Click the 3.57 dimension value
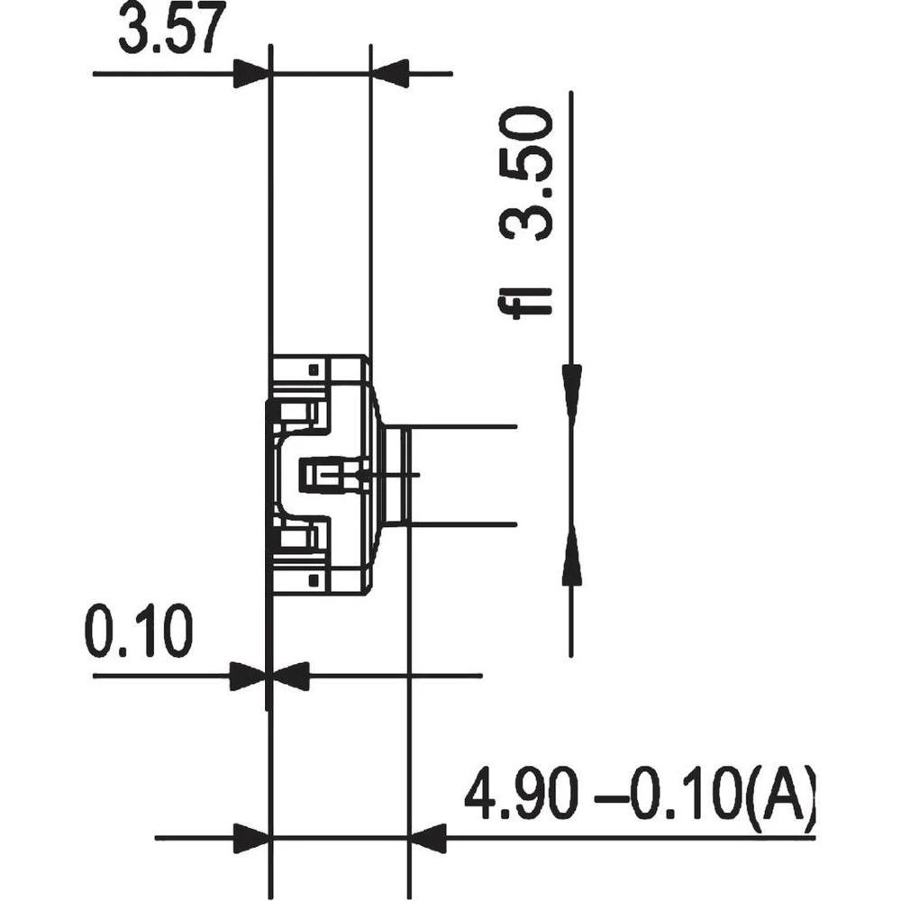tap(171, 32)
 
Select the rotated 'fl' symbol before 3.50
tap(529, 301)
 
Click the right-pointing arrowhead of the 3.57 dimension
tap(251, 73)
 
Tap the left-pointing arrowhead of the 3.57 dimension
tap(390, 73)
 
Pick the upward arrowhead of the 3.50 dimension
tap(571, 557)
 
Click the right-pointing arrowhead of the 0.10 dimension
tap(249, 675)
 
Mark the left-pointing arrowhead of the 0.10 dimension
tap(291, 675)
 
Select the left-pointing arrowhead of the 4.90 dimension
tap(428, 838)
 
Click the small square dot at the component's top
tap(313, 369)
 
